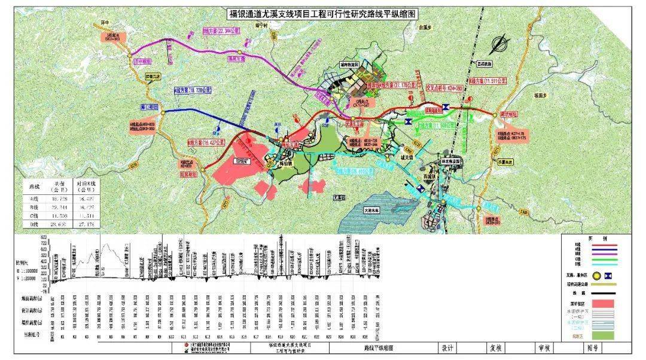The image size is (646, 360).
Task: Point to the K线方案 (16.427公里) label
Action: point(205,143)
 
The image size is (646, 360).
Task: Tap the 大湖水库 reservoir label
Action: point(372,210)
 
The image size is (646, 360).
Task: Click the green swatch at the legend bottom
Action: point(601,337)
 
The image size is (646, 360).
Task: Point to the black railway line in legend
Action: point(601,293)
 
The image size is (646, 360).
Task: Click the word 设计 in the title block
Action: point(447,347)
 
